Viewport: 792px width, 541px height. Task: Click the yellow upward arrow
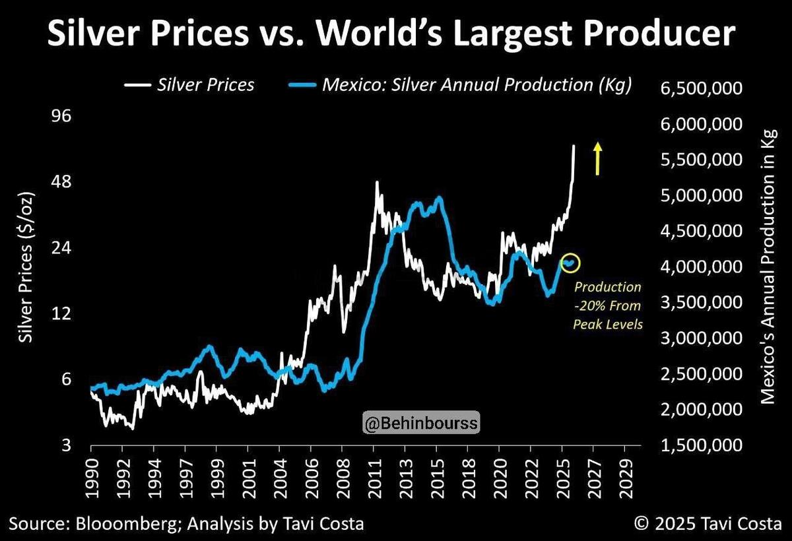point(597,158)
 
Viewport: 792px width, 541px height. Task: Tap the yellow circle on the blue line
point(570,263)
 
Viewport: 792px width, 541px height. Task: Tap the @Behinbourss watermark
point(422,422)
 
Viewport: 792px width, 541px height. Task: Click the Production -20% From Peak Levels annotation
point(607,306)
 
